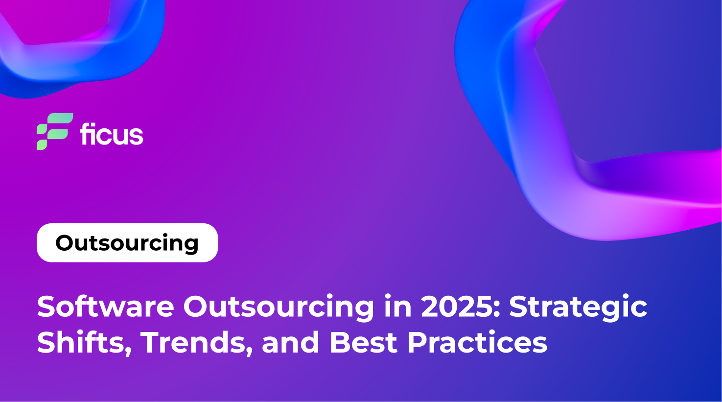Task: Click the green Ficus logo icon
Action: pyautogui.click(x=54, y=131)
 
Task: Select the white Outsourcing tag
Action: pyautogui.click(x=127, y=243)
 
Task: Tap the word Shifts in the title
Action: pyautogui.click(x=81, y=342)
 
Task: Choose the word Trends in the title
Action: pyautogui.click(x=194, y=342)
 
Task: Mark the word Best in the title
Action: pyautogui.click(x=364, y=342)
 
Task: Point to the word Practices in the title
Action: pyautogui.click(x=477, y=342)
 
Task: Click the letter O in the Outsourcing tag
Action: pyautogui.click(x=65, y=243)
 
